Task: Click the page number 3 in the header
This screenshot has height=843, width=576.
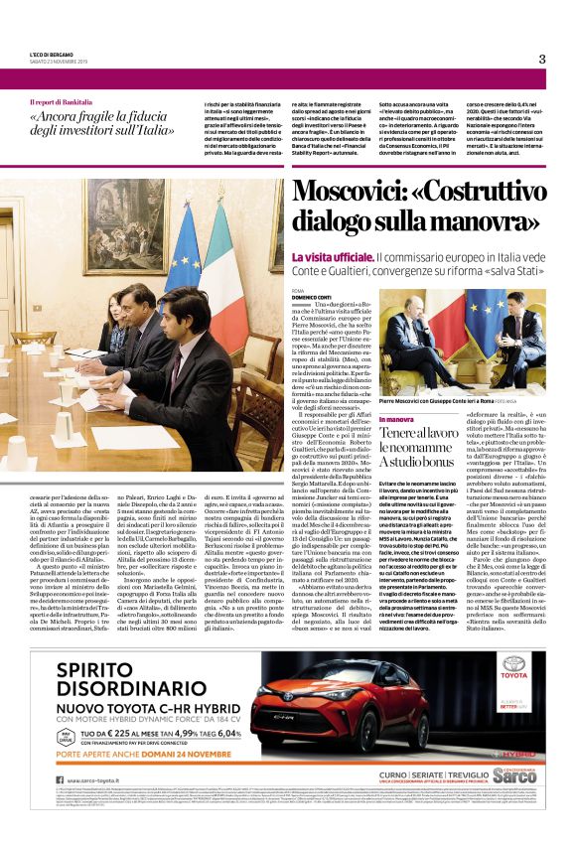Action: (x=542, y=59)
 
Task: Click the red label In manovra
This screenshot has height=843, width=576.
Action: (x=394, y=421)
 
